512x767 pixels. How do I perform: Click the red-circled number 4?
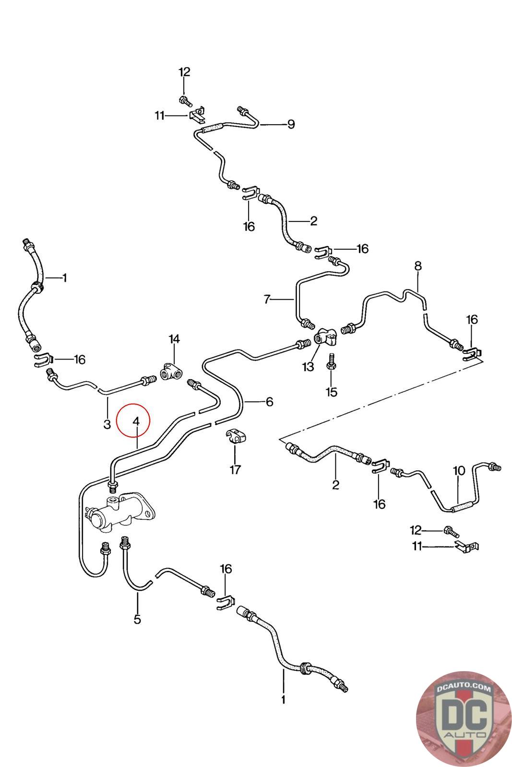[x=136, y=421]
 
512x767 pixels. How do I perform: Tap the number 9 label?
[x=291, y=124]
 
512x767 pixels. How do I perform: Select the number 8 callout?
[x=418, y=266]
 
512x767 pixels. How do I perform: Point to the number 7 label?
[x=267, y=300]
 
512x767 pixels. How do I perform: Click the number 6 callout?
[x=269, y=401]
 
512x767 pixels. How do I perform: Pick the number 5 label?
[x=137, y=619]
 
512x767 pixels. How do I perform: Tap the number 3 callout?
[x=107, y=424]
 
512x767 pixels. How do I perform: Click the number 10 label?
[x=459, y=471]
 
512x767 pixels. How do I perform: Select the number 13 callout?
[x=308, y=367]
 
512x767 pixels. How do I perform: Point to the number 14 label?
[x=174, y=339]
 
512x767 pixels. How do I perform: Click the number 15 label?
[x=331, y=392]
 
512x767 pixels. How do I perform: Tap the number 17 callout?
[x=235, y=470]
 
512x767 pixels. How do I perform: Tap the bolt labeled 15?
[x=331, y=361]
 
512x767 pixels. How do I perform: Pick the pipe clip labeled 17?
[x=235, y=435]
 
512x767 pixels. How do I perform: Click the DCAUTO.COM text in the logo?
[x=464, y=689]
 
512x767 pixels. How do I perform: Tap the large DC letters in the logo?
[x=464, y=713]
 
